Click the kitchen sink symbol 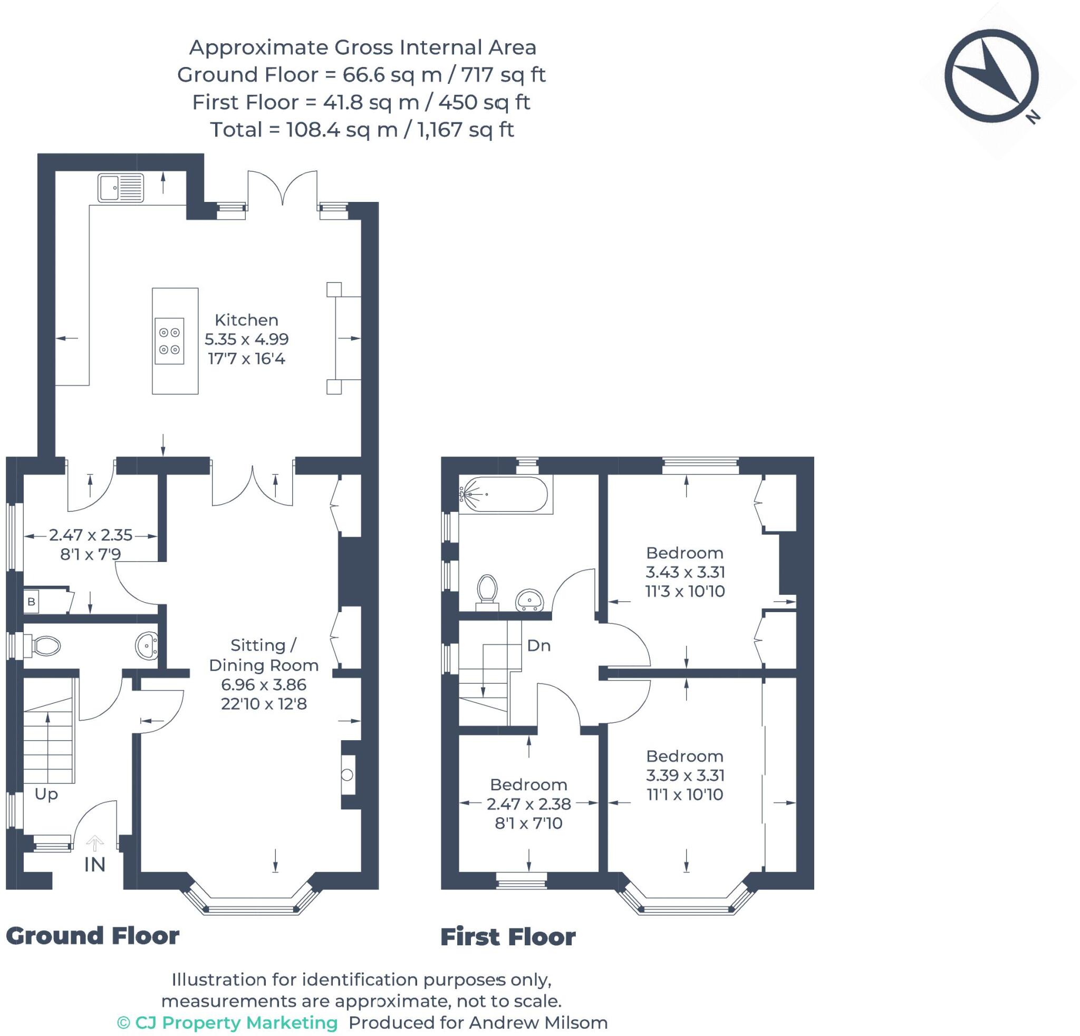(x=121, y=188)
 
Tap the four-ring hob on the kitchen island (x=169, y=341)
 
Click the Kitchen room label (x=246, y=320)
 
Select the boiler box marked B (x=32, y=602)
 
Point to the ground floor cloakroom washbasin (x=147, y=645)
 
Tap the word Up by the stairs (x=46, y=794)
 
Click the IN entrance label (x=95, y=865)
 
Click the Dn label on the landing (x=538, y=645)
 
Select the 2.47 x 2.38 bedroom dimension (x=529, y=804)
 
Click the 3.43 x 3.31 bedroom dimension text (x=686, y=572)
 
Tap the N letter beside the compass (x=1033, y=117)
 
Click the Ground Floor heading (x=93, y=936)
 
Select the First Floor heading (x=508, y=937)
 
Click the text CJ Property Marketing (x=236, y=1023)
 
